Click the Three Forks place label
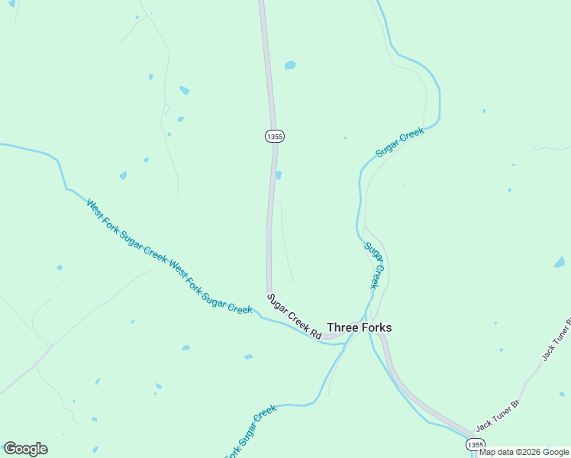tap(359, 327)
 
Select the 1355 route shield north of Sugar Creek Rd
tap(275, 136)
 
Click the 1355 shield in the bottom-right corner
tap(474, 444)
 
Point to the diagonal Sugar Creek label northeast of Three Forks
tap(399, 143)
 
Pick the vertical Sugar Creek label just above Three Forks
tap(373, 264)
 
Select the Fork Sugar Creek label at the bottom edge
tap(250, 431)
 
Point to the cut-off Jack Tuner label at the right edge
tap(556, 339)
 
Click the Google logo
tap(25, 449)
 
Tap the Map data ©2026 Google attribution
tap(524, 452)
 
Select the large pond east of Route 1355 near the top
tap(290, 65)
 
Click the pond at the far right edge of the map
tap(560, 263)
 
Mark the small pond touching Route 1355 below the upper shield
tap(279, 175)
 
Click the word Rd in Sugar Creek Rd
tap(315, 332)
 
